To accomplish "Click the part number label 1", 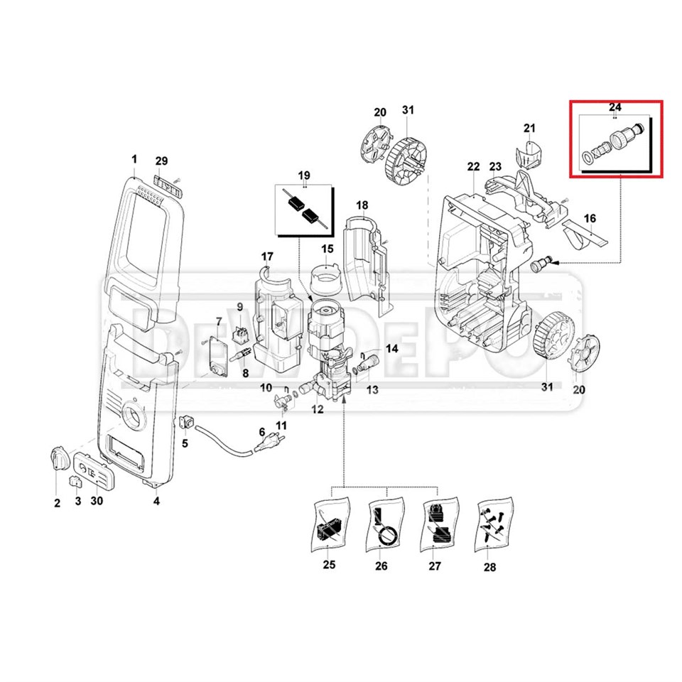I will (135, 158).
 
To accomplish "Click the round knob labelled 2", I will (59, 459).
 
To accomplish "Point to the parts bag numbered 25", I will (329, 526).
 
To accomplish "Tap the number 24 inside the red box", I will (615, 107).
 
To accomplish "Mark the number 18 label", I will (362, 205).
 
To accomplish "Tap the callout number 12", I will (317, 409).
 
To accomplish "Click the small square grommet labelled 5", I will (187, 422).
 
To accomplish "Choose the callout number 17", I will (267, 256).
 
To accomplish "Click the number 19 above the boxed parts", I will (304, 175).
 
